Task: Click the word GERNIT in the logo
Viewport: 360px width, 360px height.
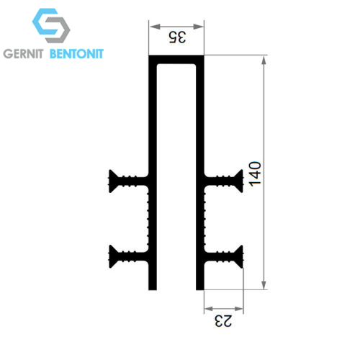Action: (x=23, y=53)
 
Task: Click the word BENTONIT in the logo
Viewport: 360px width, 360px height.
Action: (x=76, y=53)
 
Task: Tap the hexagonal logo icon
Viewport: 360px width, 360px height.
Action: (x=51, y=25)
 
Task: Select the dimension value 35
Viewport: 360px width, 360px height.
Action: (x=177, y=37)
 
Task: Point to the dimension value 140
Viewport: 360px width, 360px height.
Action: (x=255, y=174)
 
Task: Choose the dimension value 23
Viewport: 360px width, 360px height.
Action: (x=223, y=321)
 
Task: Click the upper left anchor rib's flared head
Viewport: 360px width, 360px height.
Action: (x=112, y=181)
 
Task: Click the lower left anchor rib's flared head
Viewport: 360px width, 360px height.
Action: (x=112, y=256)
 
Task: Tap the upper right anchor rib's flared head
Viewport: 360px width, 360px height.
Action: (x=239, y=181)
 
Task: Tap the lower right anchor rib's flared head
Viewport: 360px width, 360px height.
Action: (x=239, y=256)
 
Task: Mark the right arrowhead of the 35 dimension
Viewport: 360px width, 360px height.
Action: (x=198, y=27)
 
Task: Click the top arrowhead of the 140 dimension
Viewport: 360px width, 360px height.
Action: (x=264, y=61)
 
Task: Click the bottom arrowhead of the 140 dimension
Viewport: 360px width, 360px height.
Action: (x=264, y=284)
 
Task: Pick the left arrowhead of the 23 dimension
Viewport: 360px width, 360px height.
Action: (x=209, y=309)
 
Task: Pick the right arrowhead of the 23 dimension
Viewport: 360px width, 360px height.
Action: (x=238, y=309)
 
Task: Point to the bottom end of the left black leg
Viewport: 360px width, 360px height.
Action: (x=153, y=289)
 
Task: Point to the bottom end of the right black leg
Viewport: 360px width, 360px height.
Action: (x=200, y=289)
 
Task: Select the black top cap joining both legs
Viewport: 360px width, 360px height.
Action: (x=176, y=60)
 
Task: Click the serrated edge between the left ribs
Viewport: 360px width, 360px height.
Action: (x=148, y=219)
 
